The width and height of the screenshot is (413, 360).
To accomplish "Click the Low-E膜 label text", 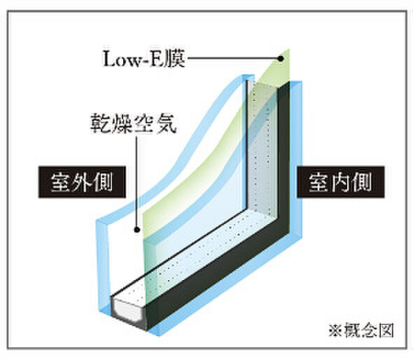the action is click(143, 59).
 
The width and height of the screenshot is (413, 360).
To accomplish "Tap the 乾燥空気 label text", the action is click(133, 123).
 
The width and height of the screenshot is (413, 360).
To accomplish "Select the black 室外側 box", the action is click(82, 182).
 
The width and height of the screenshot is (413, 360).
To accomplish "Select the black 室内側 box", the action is click(341, 182).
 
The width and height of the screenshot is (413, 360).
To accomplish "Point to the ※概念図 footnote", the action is click(361, 330).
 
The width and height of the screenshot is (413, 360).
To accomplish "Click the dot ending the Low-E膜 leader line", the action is click(281, 59).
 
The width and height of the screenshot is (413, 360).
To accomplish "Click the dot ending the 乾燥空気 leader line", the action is click(136, 230).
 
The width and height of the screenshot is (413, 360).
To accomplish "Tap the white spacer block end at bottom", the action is click(129, 311).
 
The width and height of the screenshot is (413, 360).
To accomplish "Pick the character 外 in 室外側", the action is click(82, 182).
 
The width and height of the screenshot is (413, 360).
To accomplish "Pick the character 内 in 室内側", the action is click(340, 182).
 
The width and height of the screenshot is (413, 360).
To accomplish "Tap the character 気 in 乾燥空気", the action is click(167, 123).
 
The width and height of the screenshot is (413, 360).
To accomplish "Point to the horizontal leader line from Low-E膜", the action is click(233, 59).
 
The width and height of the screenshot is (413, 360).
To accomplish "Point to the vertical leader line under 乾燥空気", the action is click(136, 182).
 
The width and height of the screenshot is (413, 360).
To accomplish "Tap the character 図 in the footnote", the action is click(386, 330).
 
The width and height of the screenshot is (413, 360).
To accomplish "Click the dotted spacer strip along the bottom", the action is click(200, 253).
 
